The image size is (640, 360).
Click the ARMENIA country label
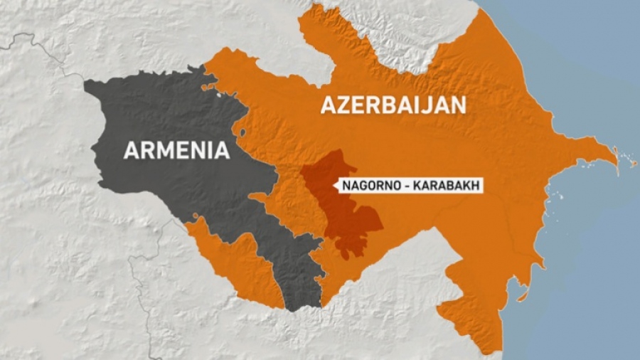176,150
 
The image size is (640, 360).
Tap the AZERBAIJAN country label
393,105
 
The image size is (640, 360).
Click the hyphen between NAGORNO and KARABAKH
402,186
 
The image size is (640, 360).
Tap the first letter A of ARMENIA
131,150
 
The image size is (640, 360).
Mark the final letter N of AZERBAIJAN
459,105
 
